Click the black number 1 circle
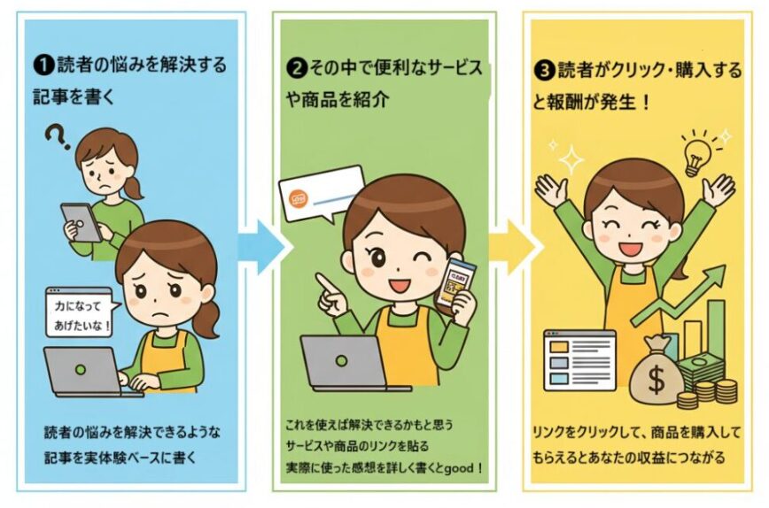[x=44, y=65]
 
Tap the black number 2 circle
[x=296, y=68]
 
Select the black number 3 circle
[x=544, y=71]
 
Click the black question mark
[x=58, y=138]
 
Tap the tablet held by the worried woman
[x=82, y=222]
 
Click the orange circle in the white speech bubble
[x=299, y=200]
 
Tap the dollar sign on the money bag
[x=656, y=380]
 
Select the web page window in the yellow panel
[x=579, y=360]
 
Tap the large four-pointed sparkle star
[x=571, y=159]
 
